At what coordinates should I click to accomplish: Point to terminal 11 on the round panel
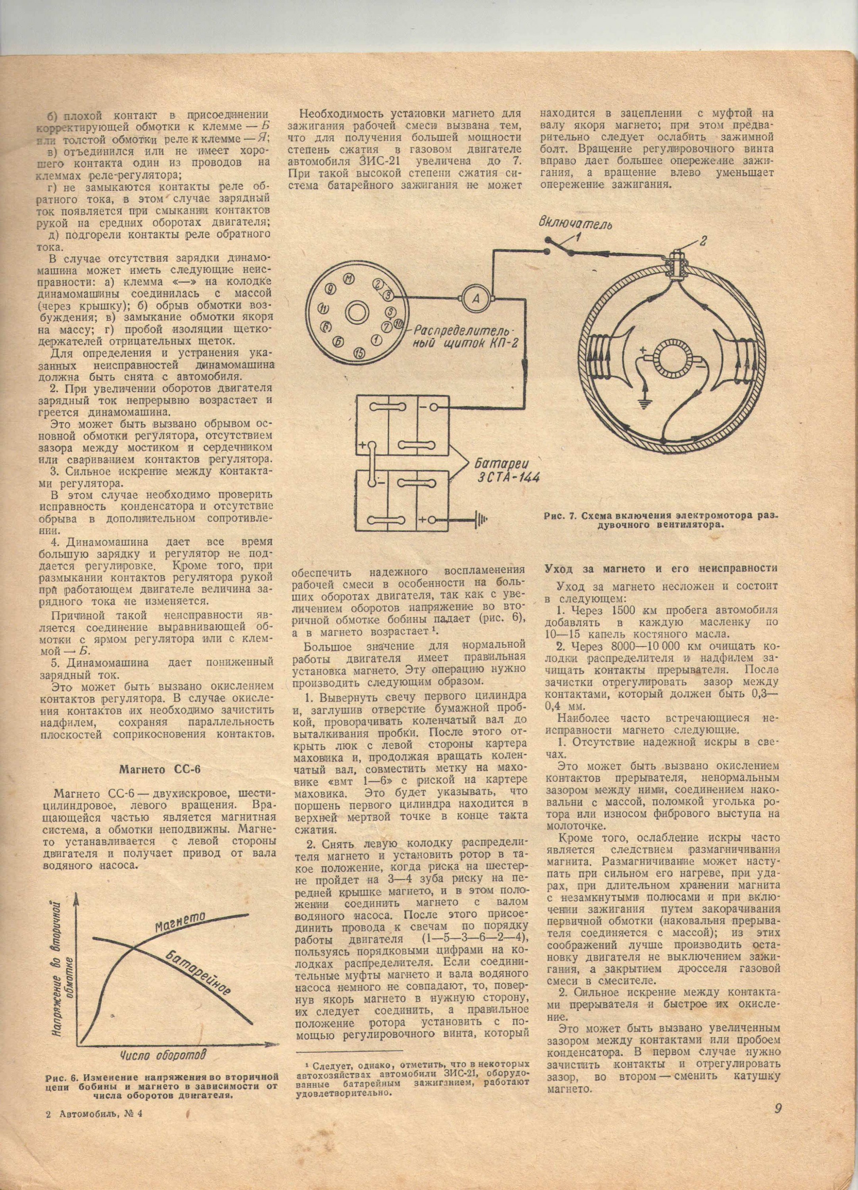click(323, 307)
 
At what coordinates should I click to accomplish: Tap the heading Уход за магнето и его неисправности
click(661, 569)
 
